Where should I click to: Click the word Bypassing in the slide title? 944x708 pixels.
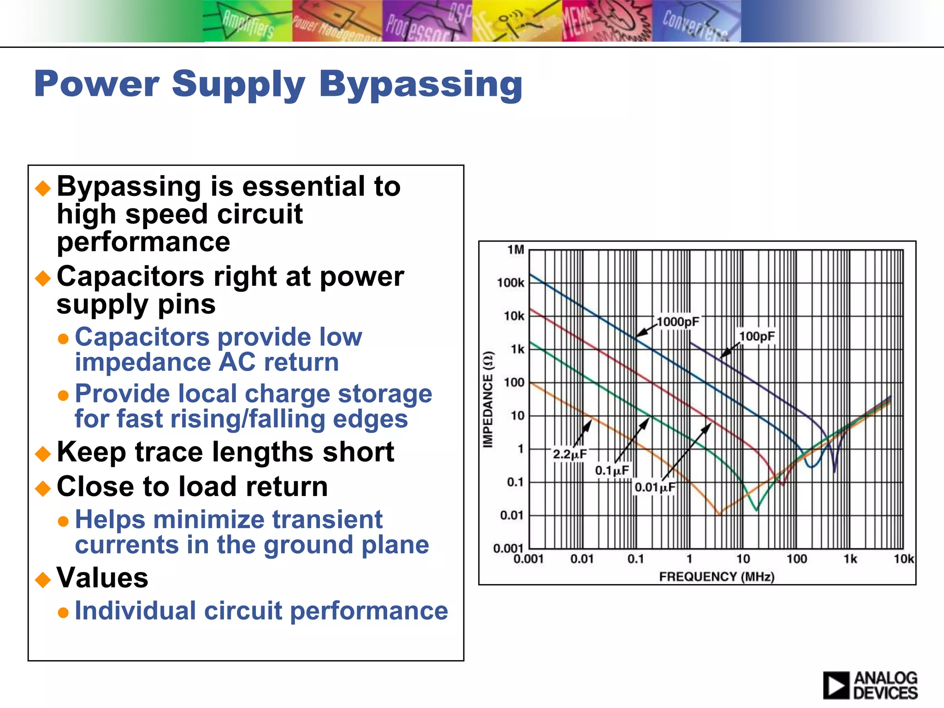point(420,85)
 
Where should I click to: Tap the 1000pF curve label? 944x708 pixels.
point(677,322)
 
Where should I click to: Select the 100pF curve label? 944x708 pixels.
point(757,336)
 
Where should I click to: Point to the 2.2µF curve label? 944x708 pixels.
point(570,454)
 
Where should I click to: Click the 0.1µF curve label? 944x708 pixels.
point(612,471)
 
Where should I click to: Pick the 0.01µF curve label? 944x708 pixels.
point(655,487)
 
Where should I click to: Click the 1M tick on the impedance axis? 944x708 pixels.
point(516,250)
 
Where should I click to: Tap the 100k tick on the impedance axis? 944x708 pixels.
point(510,283)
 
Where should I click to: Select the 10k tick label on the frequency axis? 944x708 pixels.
point(903,559)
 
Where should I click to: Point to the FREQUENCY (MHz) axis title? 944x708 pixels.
point(716,577)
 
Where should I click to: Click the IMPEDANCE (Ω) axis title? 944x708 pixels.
point(488,399)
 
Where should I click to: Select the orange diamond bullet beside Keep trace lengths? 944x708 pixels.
point(43,454)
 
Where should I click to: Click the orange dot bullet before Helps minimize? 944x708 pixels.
point(63,521)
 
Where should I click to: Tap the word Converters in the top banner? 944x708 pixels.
point(695,25)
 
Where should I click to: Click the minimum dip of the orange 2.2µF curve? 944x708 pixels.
point(719,514)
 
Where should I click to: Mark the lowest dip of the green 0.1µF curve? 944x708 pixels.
point(756,510)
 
